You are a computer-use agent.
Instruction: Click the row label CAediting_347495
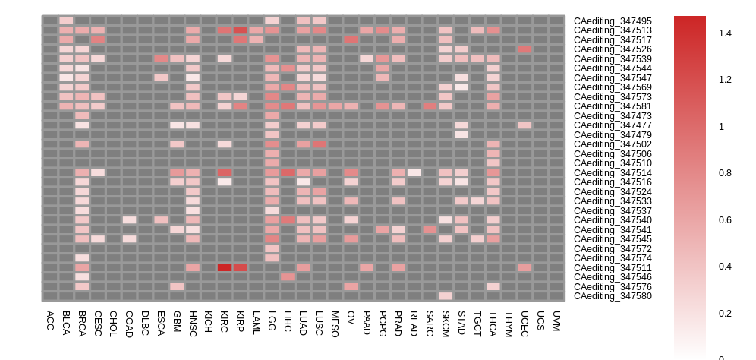pyautogui.click(x=613, y=21)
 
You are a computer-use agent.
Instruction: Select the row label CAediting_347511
pyautogui.click(x=613, y=267)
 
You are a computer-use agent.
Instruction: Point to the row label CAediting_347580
pyautogui.click(x=613, y=296)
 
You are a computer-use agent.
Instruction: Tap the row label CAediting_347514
pyautogui.click(x=613, y=172)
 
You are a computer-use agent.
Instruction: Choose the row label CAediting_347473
pyautogui.click(x=613, y=115)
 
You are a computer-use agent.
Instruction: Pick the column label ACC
pyautogui.click(x=50, y=319)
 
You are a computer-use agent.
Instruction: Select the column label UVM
pyautogui.click(x=556, y=320)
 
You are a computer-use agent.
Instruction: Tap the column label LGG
pyautogui.click(x=272, y=320)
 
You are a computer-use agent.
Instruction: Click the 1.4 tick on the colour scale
pyautogui.click(x=725, y=33)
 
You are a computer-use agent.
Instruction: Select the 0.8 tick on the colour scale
pyautogui.click(x=725, y=173)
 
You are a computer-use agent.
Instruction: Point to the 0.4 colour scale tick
pyautogui.click(x=725, y=267)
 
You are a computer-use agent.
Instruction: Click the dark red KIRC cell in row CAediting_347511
pyautogui.click(x=224, y=267)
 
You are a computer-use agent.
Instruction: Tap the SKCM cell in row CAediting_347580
pyautogui.click(x=446, y=296)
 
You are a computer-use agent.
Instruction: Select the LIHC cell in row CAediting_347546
pyautogui.click(x=288, y=277)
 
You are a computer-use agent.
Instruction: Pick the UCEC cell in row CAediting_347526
pyautogui.click(x=524, y=49)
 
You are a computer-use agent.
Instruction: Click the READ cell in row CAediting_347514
pyautogui.click(x=414, y=172)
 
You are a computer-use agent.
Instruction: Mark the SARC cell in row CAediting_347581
pyautogui.click(x=430, y=106)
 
